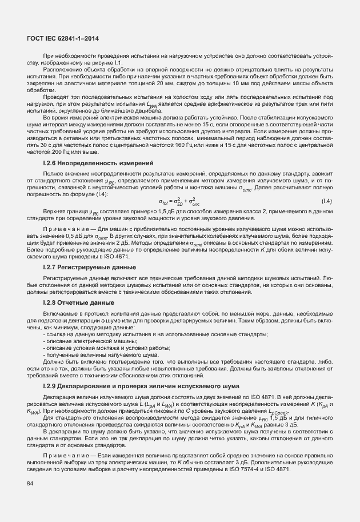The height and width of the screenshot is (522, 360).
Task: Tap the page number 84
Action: coord(29,484)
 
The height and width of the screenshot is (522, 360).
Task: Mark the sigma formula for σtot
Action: coord(179,201)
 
